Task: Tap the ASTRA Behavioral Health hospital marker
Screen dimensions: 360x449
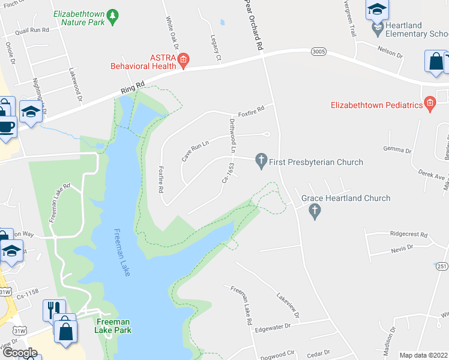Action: coord(184,58)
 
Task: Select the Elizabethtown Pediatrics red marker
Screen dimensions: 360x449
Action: coord(429,105)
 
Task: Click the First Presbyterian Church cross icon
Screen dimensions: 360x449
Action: coord(261,160)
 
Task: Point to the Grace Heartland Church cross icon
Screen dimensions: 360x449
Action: coord(313,211)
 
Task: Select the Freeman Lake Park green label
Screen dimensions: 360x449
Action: coord(113,326)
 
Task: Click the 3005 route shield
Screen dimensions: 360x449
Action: coord(319,52)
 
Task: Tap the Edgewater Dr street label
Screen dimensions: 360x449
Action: coord(272,326)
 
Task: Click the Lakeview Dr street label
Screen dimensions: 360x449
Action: coord(288,305)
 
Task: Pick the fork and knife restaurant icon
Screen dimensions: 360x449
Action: coord(51,308)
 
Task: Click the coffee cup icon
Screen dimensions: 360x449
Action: coord(6,127)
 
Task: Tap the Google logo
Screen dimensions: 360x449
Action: coord(20,353)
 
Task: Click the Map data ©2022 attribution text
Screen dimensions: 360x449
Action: coord(423,355)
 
